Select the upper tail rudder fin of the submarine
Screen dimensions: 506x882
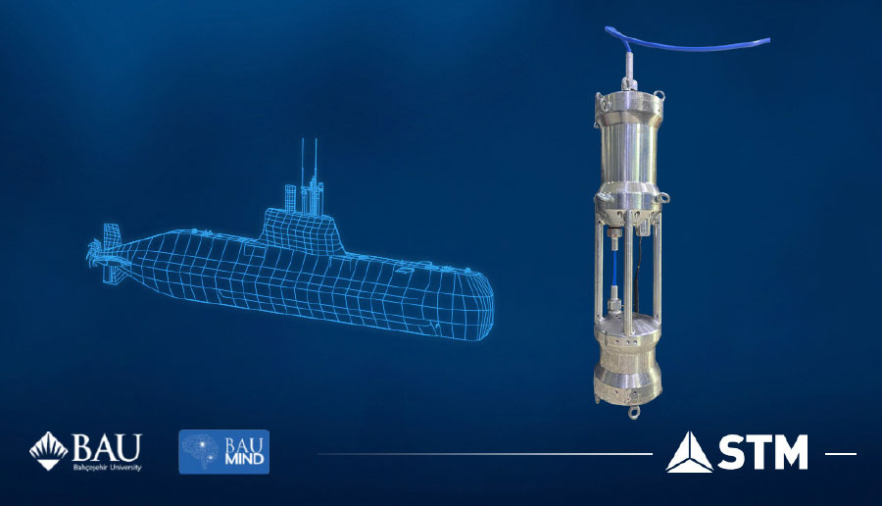(109, 236)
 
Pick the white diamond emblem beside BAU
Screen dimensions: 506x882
(48, 451)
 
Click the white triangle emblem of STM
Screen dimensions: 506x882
(689, 452)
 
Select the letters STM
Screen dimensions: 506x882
(762, 453)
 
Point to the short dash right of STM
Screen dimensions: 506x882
(841, 454)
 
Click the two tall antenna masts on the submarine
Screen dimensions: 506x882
(311, 162)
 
